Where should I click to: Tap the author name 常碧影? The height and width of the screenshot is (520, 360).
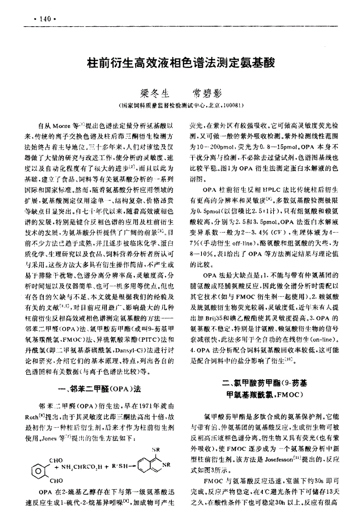(x=207, y=94)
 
